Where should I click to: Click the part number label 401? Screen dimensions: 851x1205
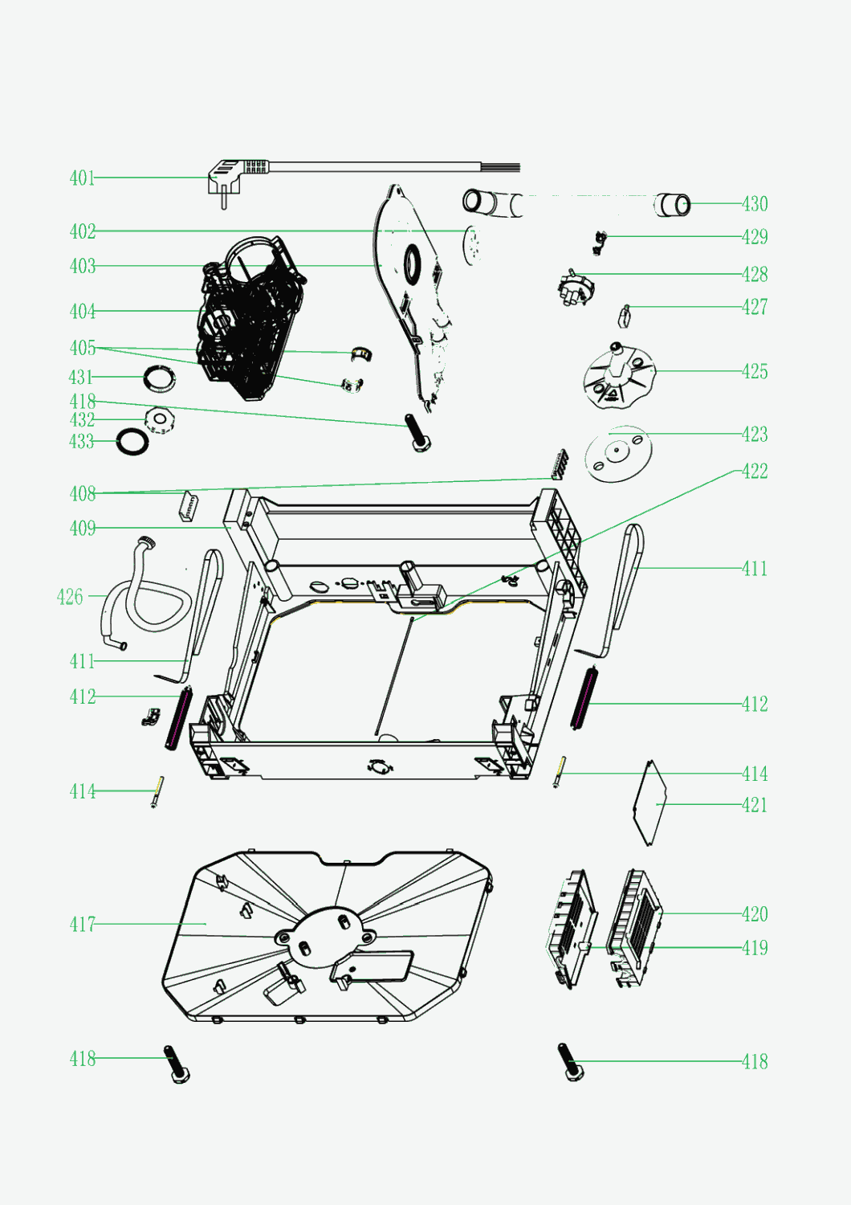tap(82, 178)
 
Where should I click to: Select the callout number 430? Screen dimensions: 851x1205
tap(755, 204)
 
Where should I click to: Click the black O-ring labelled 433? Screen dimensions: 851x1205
tap(132, 441)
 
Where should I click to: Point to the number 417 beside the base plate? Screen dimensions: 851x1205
tap(82, 924)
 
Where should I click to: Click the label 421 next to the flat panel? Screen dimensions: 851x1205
tap(755, 805)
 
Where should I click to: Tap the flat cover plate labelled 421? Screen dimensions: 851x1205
tap(649, 803)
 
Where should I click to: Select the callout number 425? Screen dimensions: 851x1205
tap(755, 371)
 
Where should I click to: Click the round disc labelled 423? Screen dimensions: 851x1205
tap(618, 454)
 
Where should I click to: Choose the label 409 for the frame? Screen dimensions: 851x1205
tap(82, 529)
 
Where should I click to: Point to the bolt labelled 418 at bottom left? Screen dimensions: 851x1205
tap(177, 1064)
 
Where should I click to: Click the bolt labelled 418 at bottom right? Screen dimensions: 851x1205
tap(571, 1062)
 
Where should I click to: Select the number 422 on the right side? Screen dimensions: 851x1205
tap(755, 472)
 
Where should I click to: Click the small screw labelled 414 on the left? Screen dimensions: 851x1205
tap(157, 792)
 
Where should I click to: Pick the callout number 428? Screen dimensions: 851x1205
tap(755, 275)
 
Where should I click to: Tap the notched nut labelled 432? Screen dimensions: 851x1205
tap(161, 419)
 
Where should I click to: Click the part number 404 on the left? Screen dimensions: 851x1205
tap(82, 312)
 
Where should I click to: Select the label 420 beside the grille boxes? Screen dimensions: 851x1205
tap(755, 913)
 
